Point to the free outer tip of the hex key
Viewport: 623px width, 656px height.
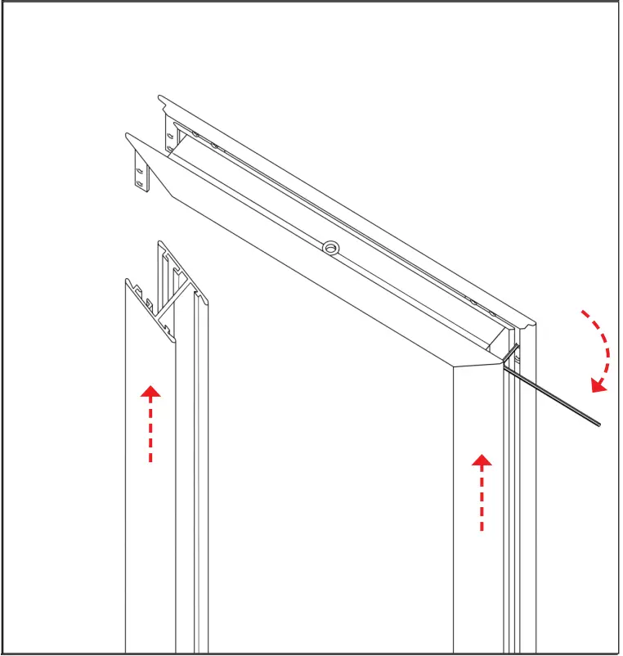pyautogui.click(x=599, y=424)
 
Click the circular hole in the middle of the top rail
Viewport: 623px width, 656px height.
pyautogui.click(x=330, y=246)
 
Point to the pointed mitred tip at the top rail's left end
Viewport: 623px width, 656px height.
pyautogui.click(x=127, y=136)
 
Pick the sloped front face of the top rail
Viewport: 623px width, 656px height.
pyautogui.click(x=311, y=270)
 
